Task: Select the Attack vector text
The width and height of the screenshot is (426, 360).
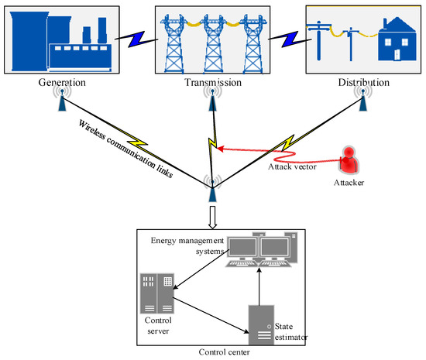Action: tap(293, 166)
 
